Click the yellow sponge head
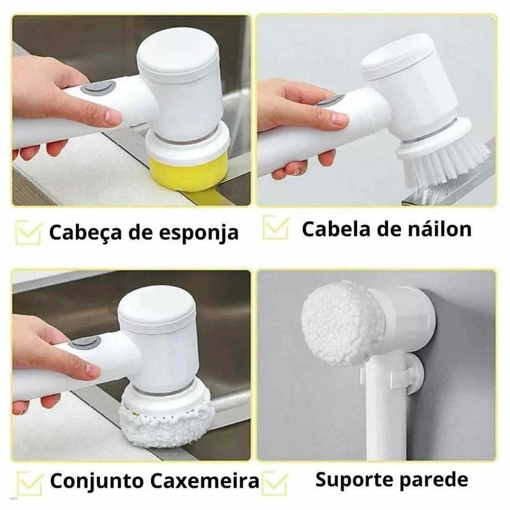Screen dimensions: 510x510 coord(186,173)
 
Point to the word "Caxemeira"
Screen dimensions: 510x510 coord(205,481)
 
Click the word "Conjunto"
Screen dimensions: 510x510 coord(97,481)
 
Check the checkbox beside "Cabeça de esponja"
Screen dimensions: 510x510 coord(28,233)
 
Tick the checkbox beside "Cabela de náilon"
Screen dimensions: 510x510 coord(276,228)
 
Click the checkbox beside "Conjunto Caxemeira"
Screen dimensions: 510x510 coord(30,483)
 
